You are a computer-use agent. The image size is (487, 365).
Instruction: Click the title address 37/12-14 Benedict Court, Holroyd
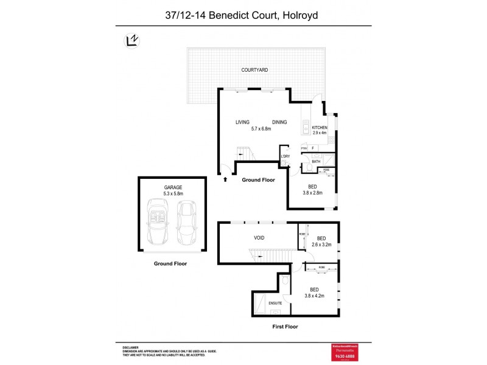(243, 13)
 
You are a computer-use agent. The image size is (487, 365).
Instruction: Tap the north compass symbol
(130, 40)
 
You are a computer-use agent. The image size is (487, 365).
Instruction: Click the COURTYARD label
(254, 70)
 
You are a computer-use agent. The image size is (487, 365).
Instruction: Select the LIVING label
(243, 122)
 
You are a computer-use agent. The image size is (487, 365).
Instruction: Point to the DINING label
(279, 122)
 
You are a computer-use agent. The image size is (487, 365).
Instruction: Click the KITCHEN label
(320, 127)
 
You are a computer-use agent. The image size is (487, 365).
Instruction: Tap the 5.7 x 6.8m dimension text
(261, 129)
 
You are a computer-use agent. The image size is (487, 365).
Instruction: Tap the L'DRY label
(284, 156)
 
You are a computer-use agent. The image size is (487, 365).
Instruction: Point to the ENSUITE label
(276, 302)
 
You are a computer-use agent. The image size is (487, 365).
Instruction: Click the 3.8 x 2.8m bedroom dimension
(312, 193)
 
